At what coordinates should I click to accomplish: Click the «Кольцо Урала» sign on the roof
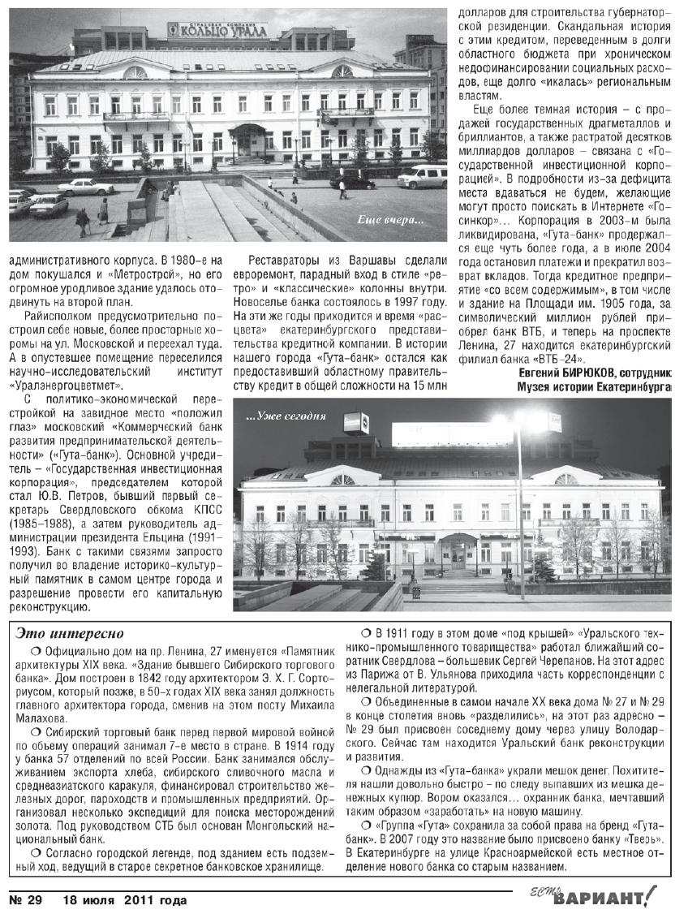click(227, 30)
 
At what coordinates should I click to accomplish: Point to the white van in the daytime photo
click(423, 175)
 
